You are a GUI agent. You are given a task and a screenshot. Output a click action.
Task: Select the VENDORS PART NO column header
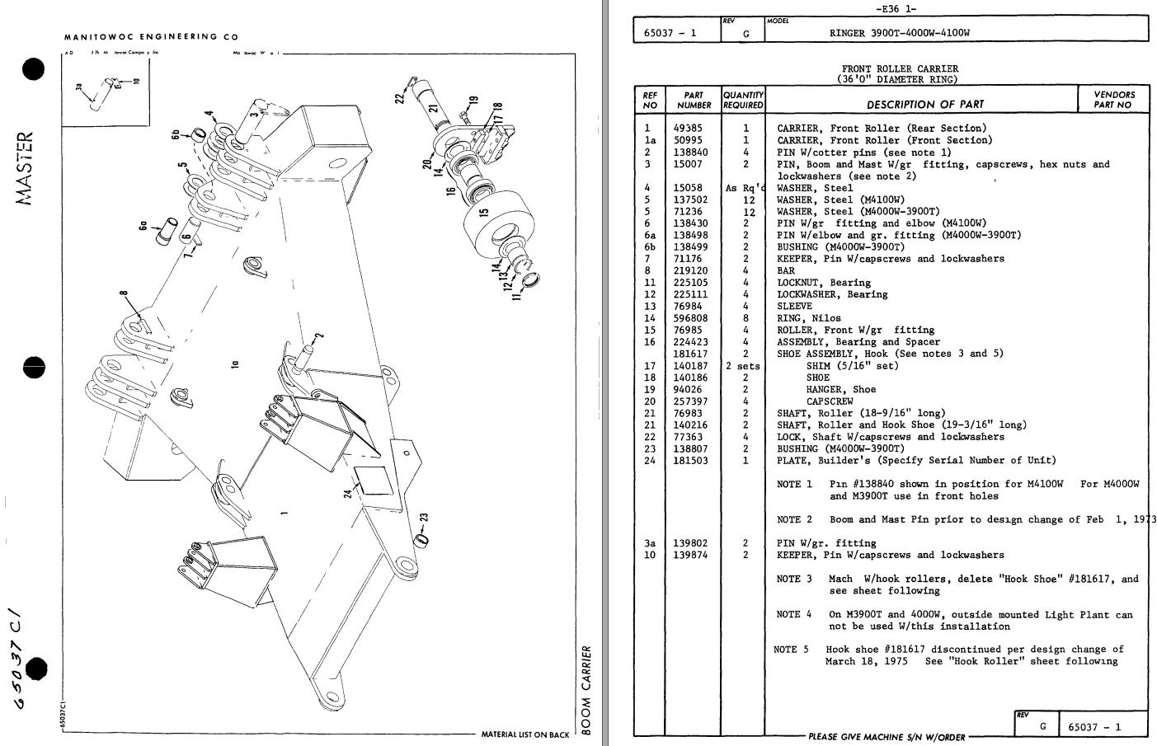1113,100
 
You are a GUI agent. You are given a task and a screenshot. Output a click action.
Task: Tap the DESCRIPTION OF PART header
924,105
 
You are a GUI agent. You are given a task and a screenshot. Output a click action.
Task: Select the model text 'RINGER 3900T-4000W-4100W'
899,34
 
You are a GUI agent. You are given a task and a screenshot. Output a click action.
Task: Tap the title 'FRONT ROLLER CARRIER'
900,69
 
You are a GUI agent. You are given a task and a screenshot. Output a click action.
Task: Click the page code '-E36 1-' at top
899,9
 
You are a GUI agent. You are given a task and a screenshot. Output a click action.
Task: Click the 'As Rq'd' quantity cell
745,188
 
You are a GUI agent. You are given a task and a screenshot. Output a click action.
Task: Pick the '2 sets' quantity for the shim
742,366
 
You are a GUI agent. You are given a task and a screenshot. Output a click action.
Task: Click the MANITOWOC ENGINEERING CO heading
151,37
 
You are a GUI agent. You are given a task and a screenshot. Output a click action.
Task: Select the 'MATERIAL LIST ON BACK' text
524,734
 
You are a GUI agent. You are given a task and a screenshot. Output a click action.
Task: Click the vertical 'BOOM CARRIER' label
586,689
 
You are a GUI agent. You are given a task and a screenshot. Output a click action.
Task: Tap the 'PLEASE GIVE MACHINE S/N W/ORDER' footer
886,737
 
